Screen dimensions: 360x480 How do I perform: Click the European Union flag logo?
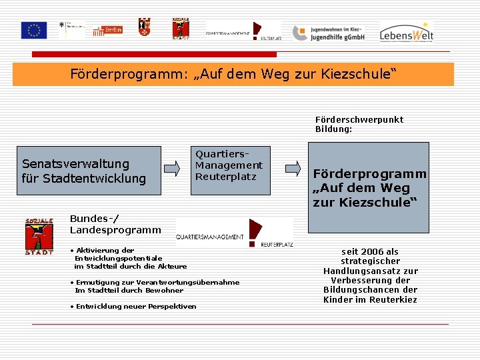tap(33, 30)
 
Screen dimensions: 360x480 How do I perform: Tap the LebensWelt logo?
tap(406, 31)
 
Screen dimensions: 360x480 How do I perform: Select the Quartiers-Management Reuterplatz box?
tap(229, 171)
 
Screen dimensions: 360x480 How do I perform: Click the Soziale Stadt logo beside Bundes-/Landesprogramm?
tap(39, 236)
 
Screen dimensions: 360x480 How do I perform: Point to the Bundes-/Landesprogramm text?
tap(115, 224)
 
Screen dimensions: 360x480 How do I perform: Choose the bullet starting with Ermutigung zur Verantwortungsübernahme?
tap(155, 286)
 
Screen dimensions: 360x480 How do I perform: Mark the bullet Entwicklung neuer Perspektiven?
tap(133, 306)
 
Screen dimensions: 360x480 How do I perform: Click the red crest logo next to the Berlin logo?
tap(144, 27)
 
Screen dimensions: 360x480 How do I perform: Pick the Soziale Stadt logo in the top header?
tap(179, 29)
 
